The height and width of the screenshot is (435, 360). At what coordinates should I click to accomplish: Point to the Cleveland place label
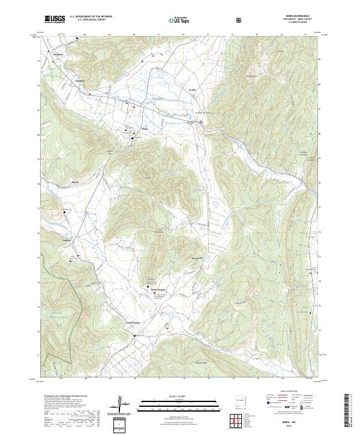pyautogui.click(x=59, y=55)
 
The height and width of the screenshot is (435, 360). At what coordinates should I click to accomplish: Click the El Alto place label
pyautogui.click(x=193, y=89)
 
